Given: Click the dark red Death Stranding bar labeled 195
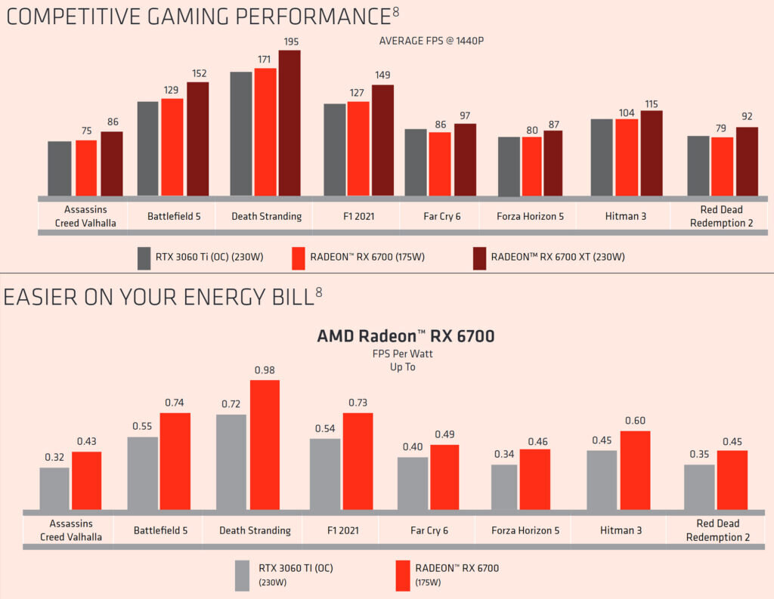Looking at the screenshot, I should point(289,123).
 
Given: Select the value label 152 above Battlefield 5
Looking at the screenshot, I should point(198,73).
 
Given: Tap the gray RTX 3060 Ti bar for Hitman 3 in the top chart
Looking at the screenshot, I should point(602,157).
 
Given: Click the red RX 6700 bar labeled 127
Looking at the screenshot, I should point(358,149).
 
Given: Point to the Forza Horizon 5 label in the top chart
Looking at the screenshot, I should point(530,216).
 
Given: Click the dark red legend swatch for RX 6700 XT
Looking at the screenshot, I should point(478,258).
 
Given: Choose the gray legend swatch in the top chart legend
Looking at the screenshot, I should point(144,258).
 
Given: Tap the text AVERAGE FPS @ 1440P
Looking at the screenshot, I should point(431,41).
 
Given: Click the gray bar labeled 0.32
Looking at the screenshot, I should point(54,489).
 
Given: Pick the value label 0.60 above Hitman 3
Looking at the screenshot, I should point(635,421).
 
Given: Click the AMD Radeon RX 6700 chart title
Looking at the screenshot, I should point(405,336).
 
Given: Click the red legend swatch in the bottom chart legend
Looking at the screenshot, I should point(403,574).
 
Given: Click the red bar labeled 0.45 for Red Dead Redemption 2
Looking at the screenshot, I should point(732,480).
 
